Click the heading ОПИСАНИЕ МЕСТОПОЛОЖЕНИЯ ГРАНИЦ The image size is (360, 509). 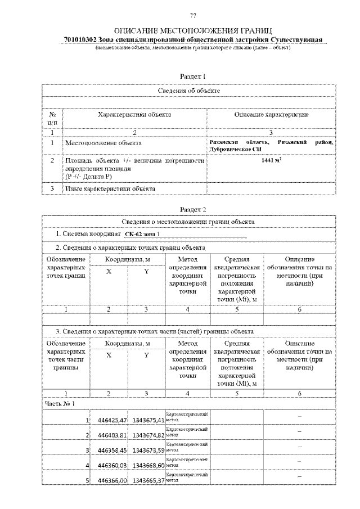point(193,30)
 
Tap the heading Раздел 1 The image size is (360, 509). point(192,76)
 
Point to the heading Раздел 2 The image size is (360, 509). point(192,209)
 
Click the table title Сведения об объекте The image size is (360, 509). point(188,91)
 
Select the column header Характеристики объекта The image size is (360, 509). point(134,115)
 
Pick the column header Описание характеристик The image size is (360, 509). point(271,115)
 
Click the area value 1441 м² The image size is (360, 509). point(272,160)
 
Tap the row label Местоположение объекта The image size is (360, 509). point(102,143)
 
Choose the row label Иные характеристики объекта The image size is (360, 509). point(110,189)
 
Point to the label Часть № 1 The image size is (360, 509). point(59,403)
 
